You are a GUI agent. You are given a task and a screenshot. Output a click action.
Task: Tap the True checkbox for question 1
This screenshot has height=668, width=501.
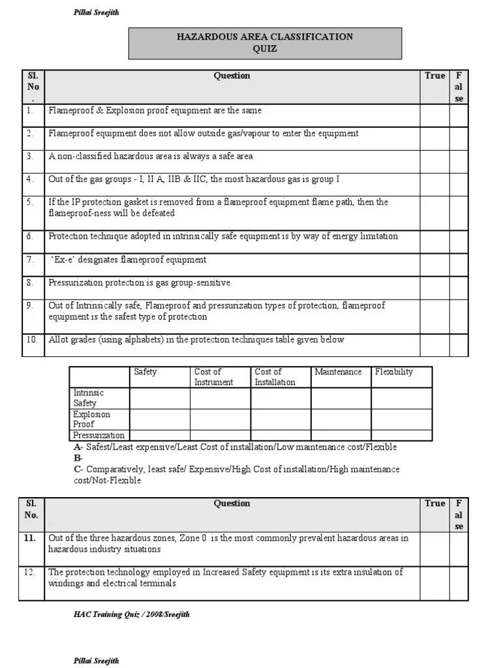point(434,115)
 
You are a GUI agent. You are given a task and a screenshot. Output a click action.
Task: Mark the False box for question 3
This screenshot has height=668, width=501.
point(459,161)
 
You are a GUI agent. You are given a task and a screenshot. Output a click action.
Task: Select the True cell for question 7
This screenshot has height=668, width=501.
point(434,264)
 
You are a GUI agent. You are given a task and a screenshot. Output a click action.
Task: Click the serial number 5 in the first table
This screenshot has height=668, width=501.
point(30,202)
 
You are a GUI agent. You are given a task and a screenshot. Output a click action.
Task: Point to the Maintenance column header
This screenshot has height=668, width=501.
point(338,372)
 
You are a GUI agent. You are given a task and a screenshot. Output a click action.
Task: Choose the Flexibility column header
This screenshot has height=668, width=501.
point(394,372)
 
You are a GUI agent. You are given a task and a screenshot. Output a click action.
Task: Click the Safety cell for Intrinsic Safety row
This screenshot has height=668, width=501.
point(160,398)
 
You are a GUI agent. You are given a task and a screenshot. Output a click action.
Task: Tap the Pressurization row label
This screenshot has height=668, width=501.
point(99,435)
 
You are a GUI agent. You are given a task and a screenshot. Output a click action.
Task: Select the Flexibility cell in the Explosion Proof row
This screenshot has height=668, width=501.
point(401,419)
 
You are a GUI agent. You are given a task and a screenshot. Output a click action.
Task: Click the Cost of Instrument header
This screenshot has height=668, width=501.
point(213,377)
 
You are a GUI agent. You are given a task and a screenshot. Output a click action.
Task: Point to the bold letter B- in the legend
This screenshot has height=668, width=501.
point(78,458)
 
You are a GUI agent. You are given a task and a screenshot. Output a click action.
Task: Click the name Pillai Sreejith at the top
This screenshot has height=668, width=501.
point(95,12)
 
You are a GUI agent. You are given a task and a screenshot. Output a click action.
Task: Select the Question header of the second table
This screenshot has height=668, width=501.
point(232,503)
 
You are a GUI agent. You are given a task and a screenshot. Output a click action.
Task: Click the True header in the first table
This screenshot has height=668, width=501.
point(434,76)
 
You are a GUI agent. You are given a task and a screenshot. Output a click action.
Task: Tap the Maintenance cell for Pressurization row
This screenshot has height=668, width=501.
point(341,435)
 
